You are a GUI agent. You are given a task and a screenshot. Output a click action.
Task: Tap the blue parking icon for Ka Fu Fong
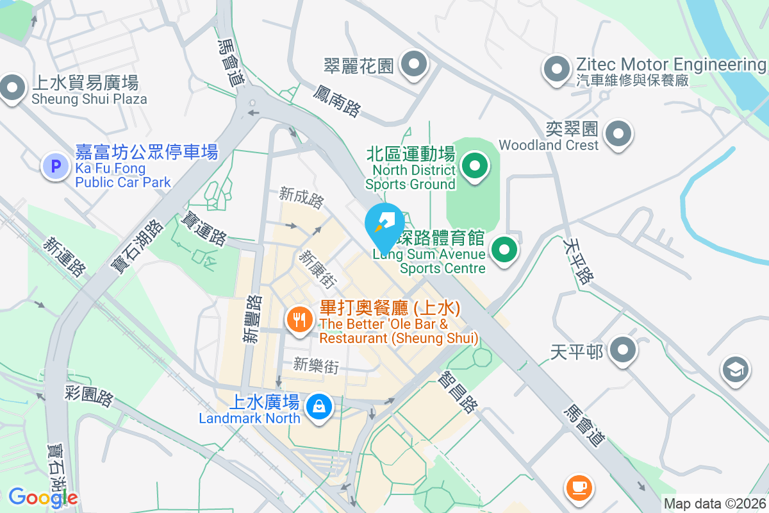click(56, 167)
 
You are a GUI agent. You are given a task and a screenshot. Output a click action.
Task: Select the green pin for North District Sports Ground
click(474, 167)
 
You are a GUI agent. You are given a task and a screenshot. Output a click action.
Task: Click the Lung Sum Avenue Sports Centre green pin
click(504, 250)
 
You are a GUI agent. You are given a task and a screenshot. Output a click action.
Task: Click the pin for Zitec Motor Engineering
click(556, 68)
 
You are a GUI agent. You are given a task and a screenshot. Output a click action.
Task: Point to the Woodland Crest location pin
click(618, 134)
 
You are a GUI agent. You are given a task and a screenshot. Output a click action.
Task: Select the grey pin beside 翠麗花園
click(414, 64)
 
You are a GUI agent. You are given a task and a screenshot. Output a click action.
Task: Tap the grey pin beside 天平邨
click(622, 351)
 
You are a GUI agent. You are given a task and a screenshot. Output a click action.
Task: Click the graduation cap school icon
click(735, 370)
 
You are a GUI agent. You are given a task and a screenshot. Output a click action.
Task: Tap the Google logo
click(42, 497)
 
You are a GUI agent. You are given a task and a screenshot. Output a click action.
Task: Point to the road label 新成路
click(302, 198)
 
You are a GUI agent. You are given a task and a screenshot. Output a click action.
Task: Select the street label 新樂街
click(315, 366)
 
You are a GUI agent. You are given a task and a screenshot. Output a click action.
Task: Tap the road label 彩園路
click(89, 396)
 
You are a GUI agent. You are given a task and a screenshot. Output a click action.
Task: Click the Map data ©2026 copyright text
click(715, 503)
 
